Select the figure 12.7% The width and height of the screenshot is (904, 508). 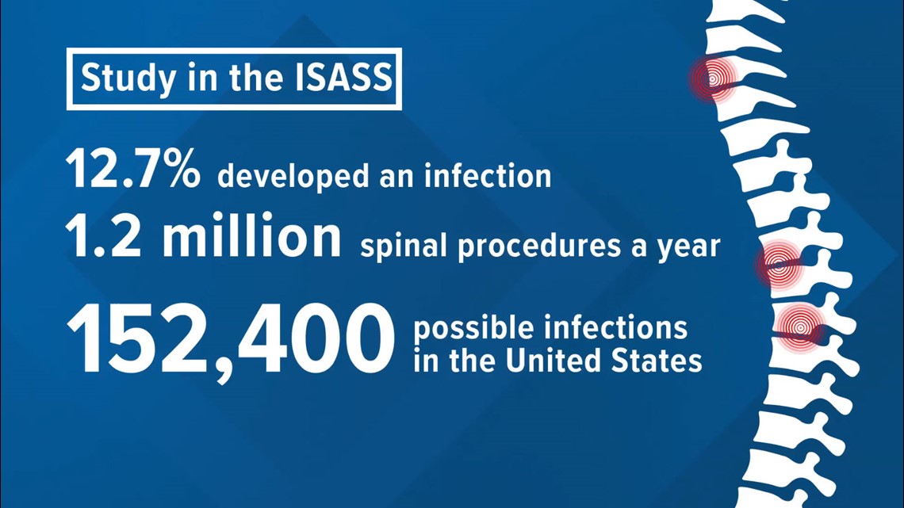click(x=133, y=168)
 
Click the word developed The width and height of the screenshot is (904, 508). click(x=293, y=176)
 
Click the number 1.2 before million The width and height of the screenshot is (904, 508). click(x=104, y=237)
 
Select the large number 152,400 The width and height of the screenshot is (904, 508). click(x=231, y=341)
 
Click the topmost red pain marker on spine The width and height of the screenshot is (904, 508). click(x=713, y=78)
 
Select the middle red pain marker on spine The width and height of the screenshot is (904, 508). click(x=779, y=265)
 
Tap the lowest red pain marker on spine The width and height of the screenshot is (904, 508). click(x=799, y=328)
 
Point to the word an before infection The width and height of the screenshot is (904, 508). click(x=396, y=178)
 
